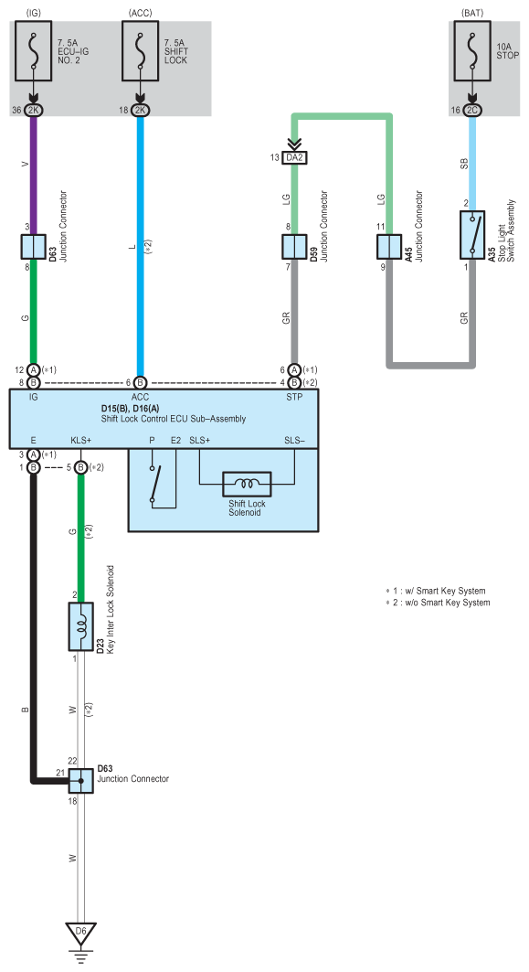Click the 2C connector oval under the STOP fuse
click(472, 110)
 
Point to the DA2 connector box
click(294, 157)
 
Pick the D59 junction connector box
click(294, 247)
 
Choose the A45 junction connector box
click(389, 247)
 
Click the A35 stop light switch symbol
click(472, 234)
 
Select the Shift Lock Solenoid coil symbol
click(247, 484)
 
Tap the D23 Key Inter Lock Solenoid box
click(80, 626)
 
